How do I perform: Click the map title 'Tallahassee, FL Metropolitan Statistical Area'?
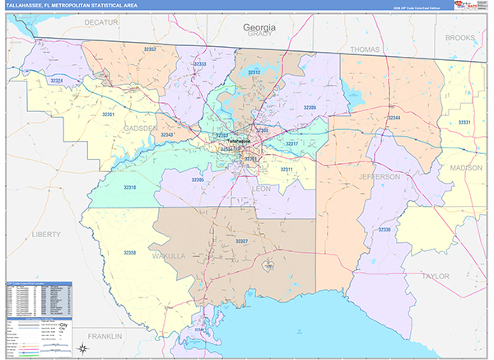point(72,5)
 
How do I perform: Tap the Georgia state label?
point(259,27)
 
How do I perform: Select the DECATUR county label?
point(101,24)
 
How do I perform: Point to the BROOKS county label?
point(460,38)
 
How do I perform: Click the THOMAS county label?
point(365,49)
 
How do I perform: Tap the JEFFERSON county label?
point(379,177)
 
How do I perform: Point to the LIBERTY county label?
point(45,234)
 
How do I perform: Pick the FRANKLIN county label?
point(105,337)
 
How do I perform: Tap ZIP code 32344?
point(394,118)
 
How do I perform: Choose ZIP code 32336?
point(384,229)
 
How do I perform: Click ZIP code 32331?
point(465,123)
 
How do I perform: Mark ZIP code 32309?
point(309,107)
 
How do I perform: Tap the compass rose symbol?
point(83,348)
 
